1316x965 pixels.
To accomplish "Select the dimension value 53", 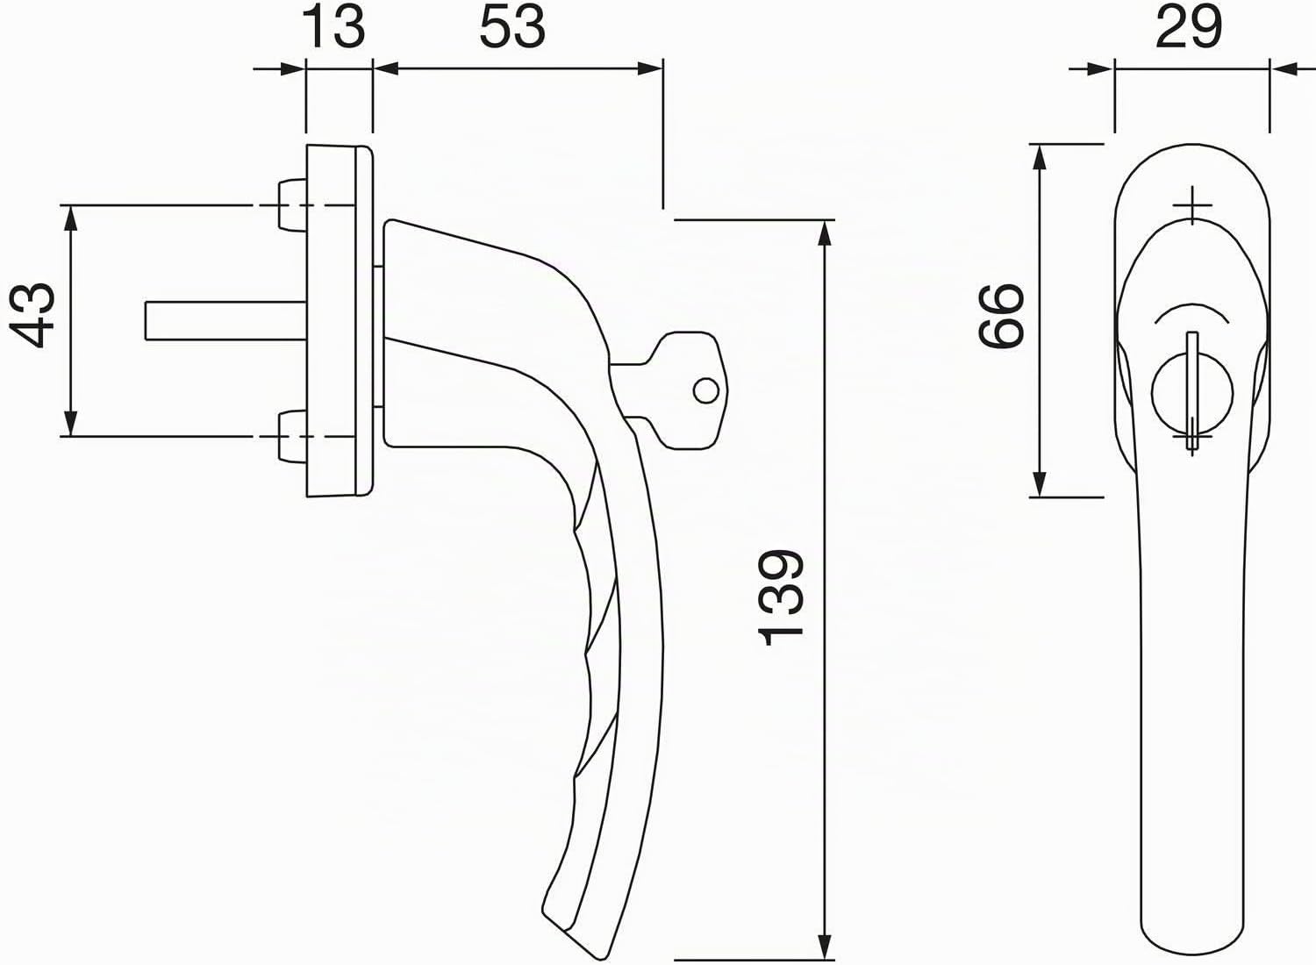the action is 512,28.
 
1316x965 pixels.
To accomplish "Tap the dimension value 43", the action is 32,316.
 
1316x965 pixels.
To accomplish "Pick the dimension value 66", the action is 1000,316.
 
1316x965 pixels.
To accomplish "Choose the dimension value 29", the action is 1189,28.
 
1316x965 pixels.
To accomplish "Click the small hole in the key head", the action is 705,390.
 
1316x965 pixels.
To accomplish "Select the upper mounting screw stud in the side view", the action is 292,204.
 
